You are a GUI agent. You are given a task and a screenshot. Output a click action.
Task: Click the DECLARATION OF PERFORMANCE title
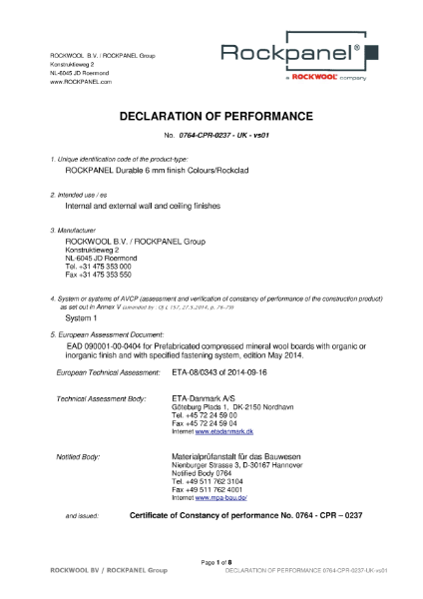(x=210, y=117)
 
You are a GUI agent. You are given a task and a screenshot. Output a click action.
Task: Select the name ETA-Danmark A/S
(x=202, y=398)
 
